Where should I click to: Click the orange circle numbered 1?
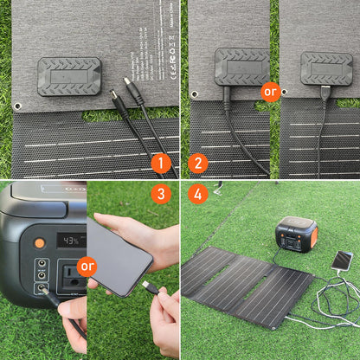pos(160,162)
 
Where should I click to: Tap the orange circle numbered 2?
pos(198,162)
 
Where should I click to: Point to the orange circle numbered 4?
pos(198,195)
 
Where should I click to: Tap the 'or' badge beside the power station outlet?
pos(87,266)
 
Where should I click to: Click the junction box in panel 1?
pos(69,75)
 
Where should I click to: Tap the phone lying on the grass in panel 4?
pos(343,260)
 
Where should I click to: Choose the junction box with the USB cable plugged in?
pos(326,67)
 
